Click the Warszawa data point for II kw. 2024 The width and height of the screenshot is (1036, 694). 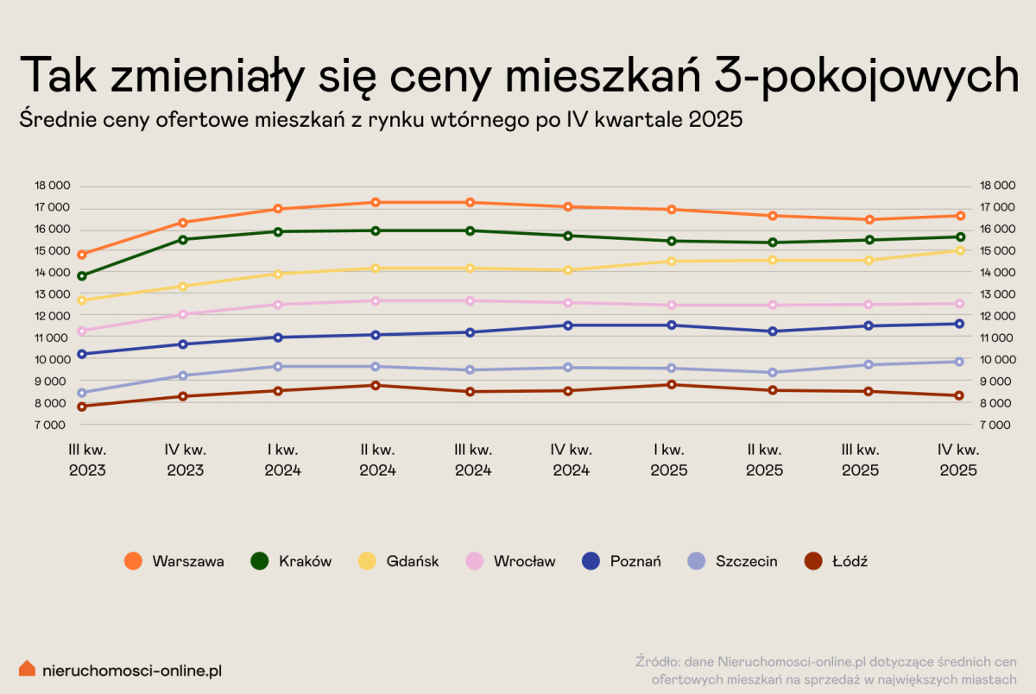(x=375, y=202)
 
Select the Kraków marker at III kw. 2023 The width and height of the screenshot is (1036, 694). (x=82, y=276)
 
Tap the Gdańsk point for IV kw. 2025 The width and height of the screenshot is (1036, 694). (x=959, y=250)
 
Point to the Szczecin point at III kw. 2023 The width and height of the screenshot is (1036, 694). (x=82, y=393)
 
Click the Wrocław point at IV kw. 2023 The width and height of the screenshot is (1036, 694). (x=183, y=314)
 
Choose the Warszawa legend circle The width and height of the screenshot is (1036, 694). (x=133, y=561)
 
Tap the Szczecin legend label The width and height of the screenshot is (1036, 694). (x=746, y=561)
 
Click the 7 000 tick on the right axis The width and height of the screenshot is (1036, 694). (x=996, y=425)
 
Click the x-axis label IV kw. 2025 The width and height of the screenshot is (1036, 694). (x=958, y=460)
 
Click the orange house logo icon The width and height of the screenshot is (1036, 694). (x=28, y=668)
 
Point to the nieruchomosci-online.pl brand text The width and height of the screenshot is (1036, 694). (x=132, y=669)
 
